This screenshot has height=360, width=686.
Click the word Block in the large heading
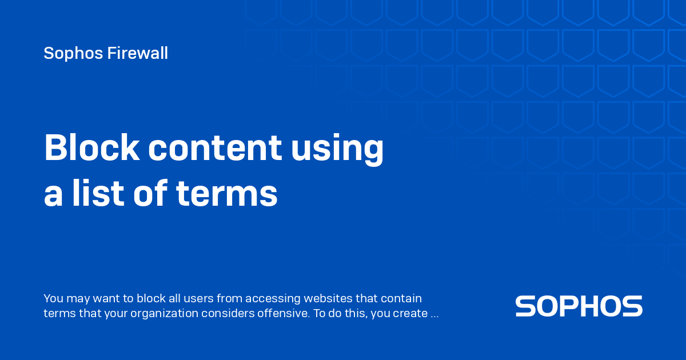coord(91,148)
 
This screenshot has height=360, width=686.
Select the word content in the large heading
coord(214,148)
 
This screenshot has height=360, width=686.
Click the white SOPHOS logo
coord(579,306)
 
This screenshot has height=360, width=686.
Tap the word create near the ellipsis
coord(411,313)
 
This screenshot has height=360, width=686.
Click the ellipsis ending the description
coord(434,314)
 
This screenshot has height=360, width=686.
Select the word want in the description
coord(97,298)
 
